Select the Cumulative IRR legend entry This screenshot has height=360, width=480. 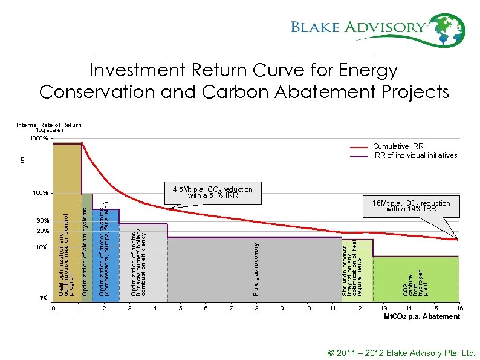[x=398, y=146]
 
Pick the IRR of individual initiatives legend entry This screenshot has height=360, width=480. [x=415, y=155]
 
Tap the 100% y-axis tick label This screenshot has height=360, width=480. [x=40, y=194]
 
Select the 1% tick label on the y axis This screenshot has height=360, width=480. [x=43, y=298]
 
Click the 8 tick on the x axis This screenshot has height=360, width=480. [x=257, y=309]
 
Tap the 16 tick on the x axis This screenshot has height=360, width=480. [x=460, y=309]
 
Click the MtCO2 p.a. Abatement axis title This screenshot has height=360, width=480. [x=422, y=316]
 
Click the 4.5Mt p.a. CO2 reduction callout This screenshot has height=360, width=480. [x=213, y=192]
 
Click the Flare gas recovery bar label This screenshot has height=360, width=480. [x=257, y=269]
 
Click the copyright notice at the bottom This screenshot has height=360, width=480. [x=401, y=352]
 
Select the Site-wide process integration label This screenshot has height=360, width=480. [x=353, y=269]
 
